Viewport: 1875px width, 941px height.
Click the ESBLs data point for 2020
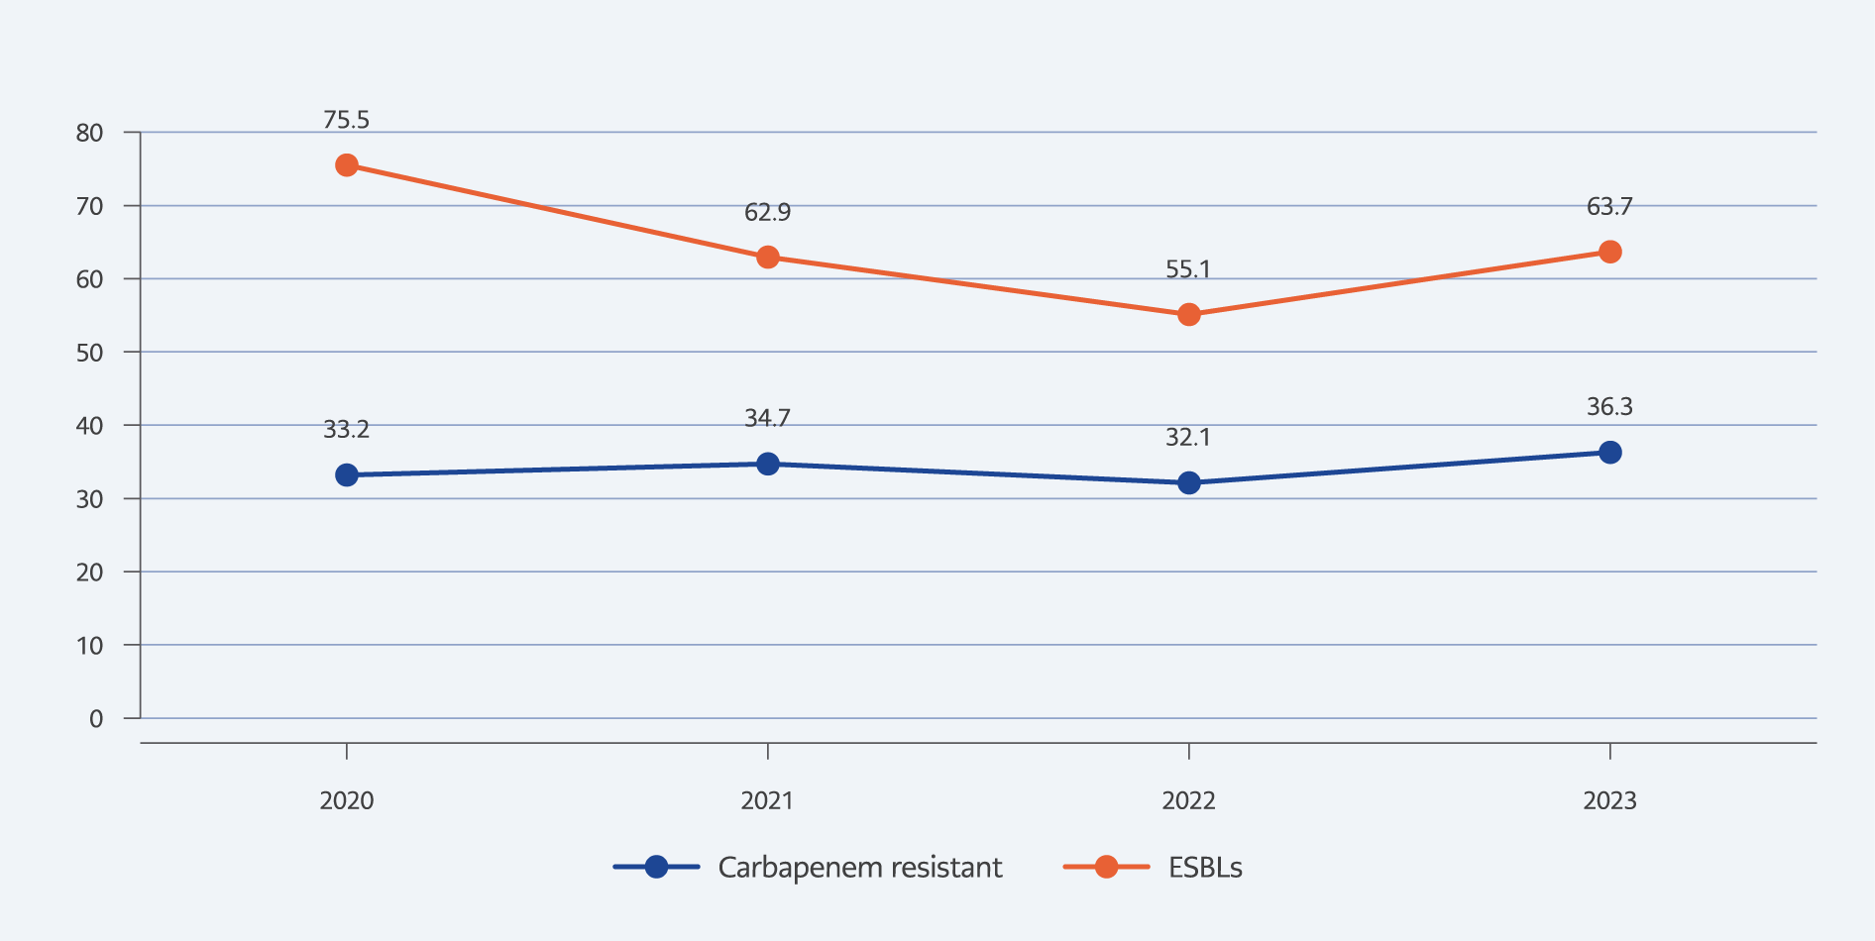pos(347,165)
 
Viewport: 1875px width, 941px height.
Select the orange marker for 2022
pos(1189,315)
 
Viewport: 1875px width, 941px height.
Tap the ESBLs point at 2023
pos(1610,252)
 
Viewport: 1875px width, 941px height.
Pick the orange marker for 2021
pos(768,258)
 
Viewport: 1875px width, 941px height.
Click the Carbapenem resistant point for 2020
pos(347,475)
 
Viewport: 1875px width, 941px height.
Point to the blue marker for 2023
pos(1610,453)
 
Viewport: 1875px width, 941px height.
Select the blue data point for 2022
pos(1189,483)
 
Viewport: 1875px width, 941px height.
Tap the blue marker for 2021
pos(768,464)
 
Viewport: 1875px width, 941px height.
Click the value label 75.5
pos(346,120)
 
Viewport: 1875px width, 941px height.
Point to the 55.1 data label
pos(1188,269)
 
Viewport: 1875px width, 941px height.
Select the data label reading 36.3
pos(1609,407)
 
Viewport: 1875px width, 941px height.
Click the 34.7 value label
pos(767,418)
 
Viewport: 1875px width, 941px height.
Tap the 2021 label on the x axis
pos(767,800)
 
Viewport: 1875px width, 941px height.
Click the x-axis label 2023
pos(1609,800)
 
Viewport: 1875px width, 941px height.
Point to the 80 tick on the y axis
pos(89,133)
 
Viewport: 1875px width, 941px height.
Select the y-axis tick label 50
pos(89,353)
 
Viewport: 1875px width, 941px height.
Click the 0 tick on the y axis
pos(96,719)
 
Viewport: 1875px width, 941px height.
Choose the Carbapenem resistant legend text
pos(859,868)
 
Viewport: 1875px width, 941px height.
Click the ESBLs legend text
pos(1205,868)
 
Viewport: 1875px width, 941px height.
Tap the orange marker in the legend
pos(1106,868)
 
